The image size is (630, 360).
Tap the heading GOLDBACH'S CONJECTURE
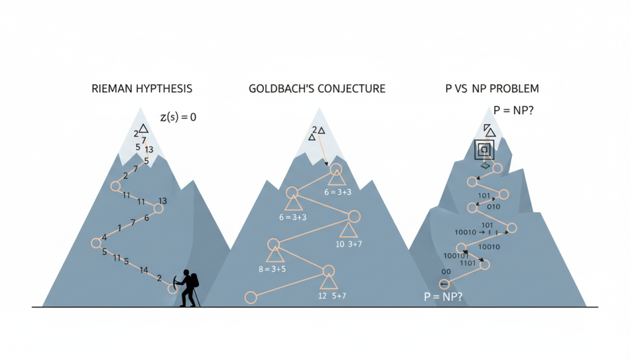tap(317, 89)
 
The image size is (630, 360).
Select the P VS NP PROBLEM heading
tap(492, 89)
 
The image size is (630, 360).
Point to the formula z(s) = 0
tap(178, 116)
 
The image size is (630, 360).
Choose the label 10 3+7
tap(348, 244)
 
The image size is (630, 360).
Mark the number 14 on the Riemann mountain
tap(143, 270)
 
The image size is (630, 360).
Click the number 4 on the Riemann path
tap(105, 238)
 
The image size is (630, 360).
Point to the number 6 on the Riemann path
tap(146, 218)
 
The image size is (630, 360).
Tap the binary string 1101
tap(468, 263)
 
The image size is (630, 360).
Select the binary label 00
tap(445, 271)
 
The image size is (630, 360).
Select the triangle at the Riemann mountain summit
tap(143, 128)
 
